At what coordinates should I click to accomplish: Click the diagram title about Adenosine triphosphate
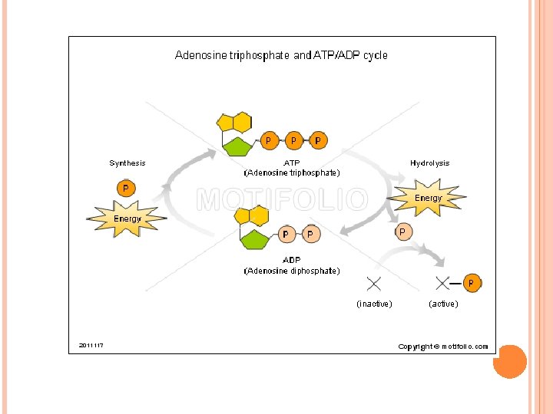[281, 55]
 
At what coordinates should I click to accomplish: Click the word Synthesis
[127, 163]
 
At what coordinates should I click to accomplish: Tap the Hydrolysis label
[429, 163]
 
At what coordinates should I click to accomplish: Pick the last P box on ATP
[318, 141]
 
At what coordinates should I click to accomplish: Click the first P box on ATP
[268, 141]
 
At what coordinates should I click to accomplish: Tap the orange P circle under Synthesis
[125, 188]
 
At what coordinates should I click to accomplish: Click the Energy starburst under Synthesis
[127, 219]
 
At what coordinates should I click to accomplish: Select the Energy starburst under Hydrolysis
[428, 198]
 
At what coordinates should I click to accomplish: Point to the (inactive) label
[374, 304]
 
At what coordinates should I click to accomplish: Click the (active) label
[443, 304]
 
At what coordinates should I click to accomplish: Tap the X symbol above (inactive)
[374, 284]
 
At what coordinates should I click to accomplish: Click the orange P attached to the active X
[472, 283]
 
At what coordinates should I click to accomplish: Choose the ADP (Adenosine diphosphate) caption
[292, 265]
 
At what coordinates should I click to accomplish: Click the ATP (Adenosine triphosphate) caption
[292, 168]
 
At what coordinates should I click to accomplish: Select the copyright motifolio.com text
[442, 347]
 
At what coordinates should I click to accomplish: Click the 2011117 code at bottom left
[91, 345]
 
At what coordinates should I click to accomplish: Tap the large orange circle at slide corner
[509, 361]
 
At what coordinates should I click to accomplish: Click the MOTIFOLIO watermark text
[282, 200]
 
